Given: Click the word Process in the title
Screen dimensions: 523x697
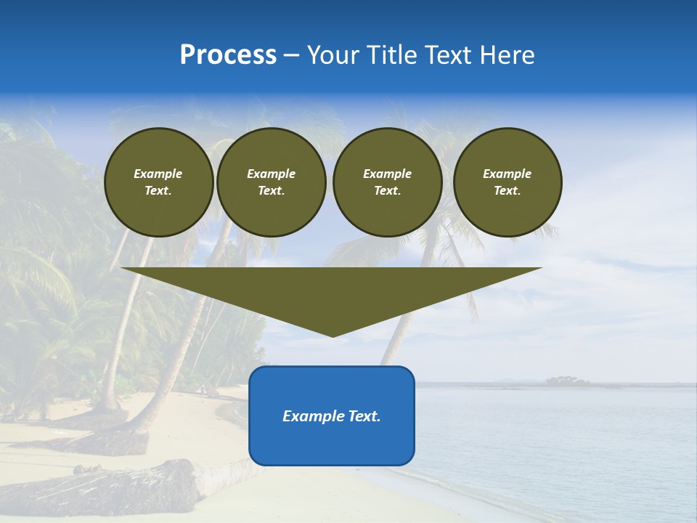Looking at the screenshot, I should (x=228, y=55).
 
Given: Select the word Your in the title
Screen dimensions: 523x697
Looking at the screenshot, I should (x=333, y=55).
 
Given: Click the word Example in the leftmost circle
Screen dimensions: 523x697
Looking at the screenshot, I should (x=158, y=174).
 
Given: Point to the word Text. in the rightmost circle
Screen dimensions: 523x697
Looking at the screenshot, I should (x=507, y=190).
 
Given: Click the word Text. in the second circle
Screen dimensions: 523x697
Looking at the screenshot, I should (x=271, y=190).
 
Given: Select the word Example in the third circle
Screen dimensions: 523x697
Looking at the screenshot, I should (x=387, y=174).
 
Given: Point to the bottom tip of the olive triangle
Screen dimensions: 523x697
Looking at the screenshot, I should (x=333, y=335).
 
